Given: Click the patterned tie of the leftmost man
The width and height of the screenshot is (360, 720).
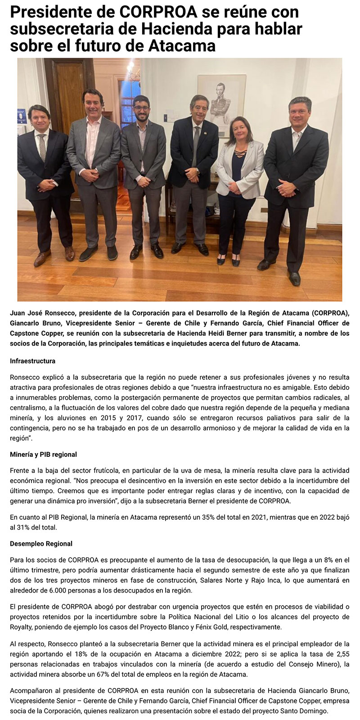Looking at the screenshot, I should click(x=42, y=147).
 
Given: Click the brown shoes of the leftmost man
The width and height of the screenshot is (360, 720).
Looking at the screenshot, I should click(x=54, y=255).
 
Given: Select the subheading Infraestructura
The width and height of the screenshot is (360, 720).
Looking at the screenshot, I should click(x=32, y=361).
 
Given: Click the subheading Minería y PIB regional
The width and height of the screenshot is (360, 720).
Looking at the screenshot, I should click(x=43, y=454).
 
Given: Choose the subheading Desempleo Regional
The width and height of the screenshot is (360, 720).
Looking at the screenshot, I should click(x=41, y=544).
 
